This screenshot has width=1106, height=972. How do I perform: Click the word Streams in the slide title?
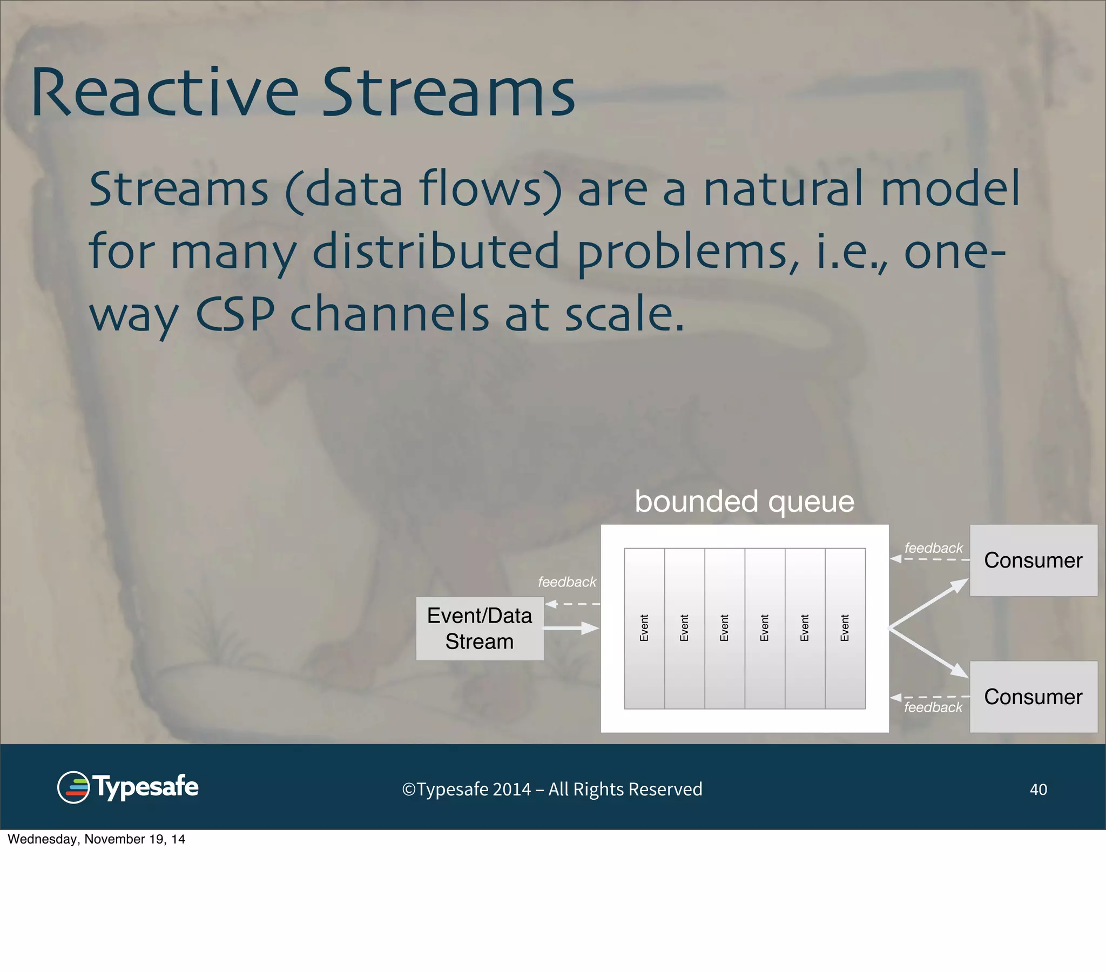click(x=449, y=93)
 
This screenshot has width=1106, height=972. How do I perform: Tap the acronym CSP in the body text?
click(x=235, y=313)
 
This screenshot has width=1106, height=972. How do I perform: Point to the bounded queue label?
click(x=744, y=501)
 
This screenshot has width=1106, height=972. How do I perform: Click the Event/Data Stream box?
click(x=480, y=629)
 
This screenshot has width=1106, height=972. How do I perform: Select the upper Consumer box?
click(x=1033, y=560)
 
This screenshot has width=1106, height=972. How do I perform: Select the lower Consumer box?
click(x=1033, y=697)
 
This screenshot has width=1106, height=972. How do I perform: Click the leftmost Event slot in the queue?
click(x=644, y=628)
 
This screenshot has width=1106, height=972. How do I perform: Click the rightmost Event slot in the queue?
click(x=845, y=628)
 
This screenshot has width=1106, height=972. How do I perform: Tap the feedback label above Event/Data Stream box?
click(x=567, y=582)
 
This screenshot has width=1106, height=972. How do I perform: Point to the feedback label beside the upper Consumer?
click(x=933, y=548)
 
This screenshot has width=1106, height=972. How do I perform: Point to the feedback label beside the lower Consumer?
click(x=933, y=707)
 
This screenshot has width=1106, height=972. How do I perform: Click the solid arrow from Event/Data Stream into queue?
click(x=571, y=629)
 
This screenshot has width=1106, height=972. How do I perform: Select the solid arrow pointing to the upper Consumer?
click(x=928, y=603)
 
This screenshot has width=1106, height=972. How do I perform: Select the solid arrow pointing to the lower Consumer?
click(x=928, y=653)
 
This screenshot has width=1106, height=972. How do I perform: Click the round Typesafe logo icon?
click(x=73, y=787)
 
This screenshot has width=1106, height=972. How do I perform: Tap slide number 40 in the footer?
click(x=1038, y=789)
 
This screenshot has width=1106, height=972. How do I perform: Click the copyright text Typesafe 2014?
click(x=552, y=789)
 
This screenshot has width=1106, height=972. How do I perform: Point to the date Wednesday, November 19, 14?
click(x=96, y=839)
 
